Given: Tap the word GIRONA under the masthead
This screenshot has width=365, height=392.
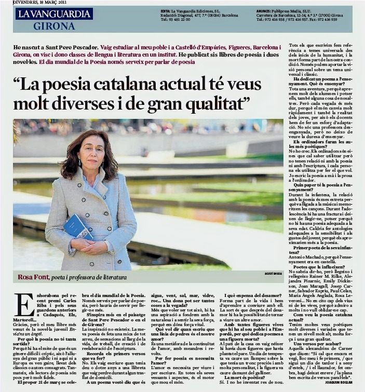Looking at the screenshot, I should click(x=54, y=25).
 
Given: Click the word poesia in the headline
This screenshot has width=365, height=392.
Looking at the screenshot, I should click(x=81, y=83).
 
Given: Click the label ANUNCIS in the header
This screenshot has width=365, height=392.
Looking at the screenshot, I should click(x=263, y=10).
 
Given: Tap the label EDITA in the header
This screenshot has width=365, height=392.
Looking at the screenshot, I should click(x=165, y=10).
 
